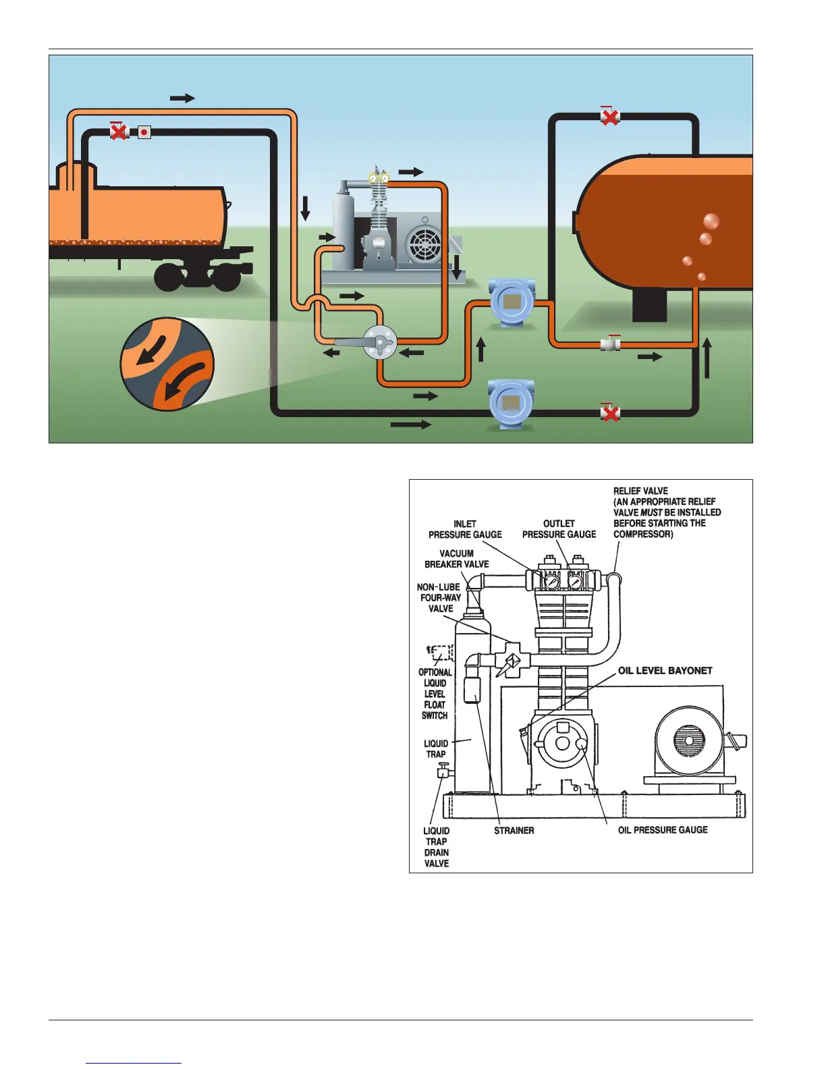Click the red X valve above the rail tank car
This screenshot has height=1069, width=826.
tap(119, 131)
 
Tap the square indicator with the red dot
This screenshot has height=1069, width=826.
tap(144, 132)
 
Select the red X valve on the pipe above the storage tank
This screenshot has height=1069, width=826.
tap(610, 117)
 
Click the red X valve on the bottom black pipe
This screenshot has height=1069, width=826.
tap(610, 413)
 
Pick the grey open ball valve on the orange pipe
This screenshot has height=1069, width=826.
tap(611, 344)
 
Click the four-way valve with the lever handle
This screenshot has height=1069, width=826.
tap(380, 342)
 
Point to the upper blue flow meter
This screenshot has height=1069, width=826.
tap(512, 302)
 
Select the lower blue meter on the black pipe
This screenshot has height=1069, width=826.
tap(511, 406)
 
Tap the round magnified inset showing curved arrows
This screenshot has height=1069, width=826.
tap(167, 364)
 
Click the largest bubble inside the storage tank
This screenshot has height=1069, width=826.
tap(711, 221)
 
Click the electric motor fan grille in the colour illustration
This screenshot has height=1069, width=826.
tap(426, 244)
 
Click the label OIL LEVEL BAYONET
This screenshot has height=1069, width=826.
tap(665, 671)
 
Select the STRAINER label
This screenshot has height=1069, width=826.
tap(514, 831)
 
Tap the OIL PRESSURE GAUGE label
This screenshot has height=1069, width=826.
tap(663, 830)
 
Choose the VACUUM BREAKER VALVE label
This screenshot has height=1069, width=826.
tap(457, 559)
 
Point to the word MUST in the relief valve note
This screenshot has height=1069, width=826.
tap(651, 512)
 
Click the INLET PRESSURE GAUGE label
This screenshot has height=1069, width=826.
tap(465, 529)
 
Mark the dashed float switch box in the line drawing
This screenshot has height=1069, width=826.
tap(441, 654)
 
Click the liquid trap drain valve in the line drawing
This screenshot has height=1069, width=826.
tap(443, 771)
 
